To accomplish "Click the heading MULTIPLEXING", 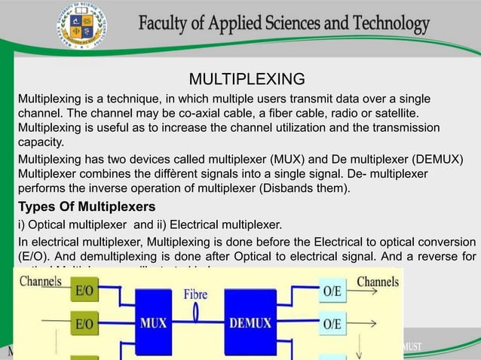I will [247, 79].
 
